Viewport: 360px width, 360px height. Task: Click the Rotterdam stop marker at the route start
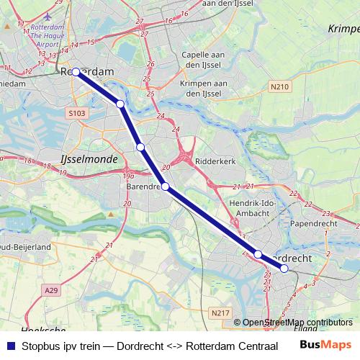76,72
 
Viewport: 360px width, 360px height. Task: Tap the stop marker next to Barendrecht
165,186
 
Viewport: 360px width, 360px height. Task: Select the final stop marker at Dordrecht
284,269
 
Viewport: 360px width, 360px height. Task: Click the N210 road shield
280,87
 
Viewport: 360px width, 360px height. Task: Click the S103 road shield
76,113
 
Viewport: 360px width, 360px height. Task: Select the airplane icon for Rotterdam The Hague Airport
48,16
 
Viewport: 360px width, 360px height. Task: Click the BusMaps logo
326,344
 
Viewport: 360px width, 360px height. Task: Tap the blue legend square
10,345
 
